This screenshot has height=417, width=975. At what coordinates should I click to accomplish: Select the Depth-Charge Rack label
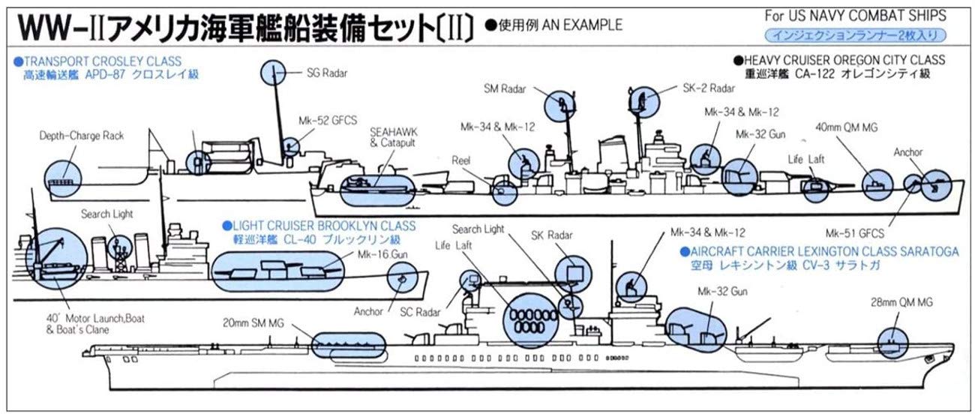click(x=72, y=136)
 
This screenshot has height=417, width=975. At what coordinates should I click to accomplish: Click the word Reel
click(x=460, y=160)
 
